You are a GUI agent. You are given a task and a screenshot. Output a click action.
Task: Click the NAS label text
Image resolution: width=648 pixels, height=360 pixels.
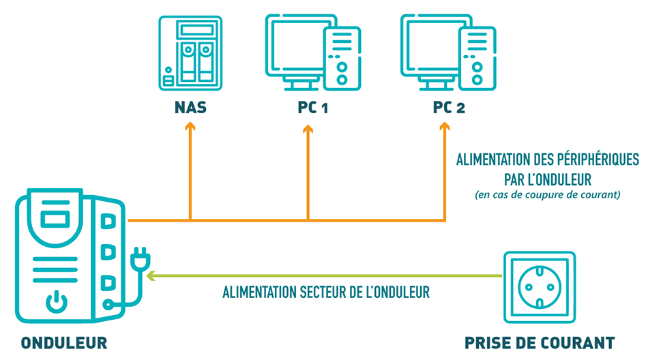tap(190, 108)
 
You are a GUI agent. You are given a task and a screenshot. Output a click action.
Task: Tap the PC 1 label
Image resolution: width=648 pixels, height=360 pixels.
tap(313, 108)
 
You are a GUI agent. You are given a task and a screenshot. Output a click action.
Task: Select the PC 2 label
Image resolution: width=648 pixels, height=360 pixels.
tap(449, 108)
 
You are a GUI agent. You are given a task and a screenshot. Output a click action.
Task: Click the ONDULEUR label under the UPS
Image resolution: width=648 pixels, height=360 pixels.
tap(64, 343)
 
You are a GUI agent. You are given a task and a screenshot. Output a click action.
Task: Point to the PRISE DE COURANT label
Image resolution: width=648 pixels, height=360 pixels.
tap(540, 343)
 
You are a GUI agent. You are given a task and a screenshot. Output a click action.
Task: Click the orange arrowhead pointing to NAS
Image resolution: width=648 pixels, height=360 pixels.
tap(190, 126)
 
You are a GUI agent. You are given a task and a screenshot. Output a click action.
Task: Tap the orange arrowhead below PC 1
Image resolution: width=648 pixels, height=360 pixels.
tap(308, 129)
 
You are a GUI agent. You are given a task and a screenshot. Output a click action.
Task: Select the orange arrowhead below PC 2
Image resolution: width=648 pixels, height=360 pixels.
tap(445, 126)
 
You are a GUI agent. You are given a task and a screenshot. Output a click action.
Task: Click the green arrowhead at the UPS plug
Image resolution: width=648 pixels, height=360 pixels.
tap(151, 275)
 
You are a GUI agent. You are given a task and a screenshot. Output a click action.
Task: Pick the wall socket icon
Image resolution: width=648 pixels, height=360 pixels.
tap(540, 287)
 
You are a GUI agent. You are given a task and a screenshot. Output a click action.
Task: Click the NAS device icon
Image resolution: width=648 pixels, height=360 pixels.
tap(190, 53)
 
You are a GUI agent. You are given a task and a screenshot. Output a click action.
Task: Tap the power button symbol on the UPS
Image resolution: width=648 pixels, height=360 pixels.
tap(57, 302)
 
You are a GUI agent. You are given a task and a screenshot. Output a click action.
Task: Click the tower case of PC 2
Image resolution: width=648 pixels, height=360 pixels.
tap(477, 58)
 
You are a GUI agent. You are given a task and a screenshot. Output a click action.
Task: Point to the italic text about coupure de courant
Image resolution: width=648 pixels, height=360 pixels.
tap(548, 195)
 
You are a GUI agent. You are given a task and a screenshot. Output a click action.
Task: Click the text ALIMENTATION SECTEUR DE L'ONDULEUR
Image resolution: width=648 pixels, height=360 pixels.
tap(326, 292)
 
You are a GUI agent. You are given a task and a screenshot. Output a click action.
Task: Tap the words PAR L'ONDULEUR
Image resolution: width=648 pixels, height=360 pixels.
tap(548, 179)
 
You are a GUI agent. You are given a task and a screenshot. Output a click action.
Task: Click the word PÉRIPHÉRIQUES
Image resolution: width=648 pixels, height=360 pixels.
tap(598, 159)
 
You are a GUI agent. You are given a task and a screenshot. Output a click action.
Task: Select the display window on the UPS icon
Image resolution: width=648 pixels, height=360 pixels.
tap(55, 219)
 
